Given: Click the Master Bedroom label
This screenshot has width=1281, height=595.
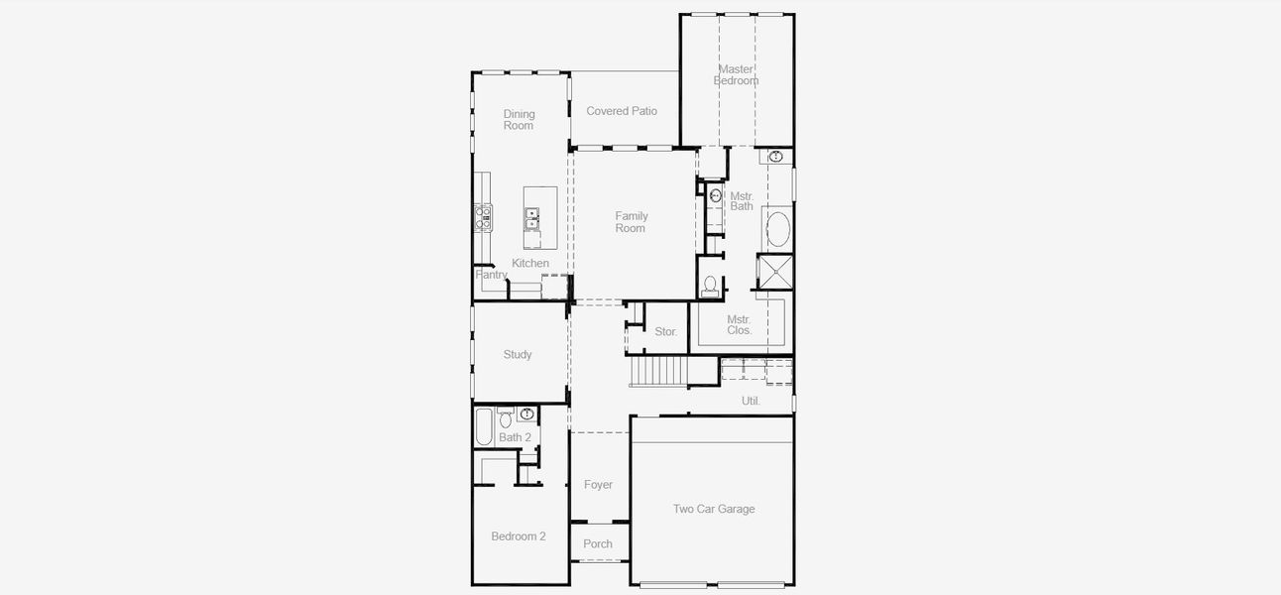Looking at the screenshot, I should (x=736, y=74).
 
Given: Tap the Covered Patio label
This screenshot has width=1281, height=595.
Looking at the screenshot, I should (x=622, y=111).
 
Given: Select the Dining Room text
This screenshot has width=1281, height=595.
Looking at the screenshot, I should (x=519, y=120).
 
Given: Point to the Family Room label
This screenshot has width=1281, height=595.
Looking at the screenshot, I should (x=631, y=222).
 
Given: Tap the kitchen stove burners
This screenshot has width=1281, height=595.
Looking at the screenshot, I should (x=483, y=217).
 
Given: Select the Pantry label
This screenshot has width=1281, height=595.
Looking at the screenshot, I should (x=491, y=275).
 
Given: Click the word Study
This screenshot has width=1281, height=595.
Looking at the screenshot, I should (x=518, y=354).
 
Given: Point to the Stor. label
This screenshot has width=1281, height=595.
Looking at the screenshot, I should (x=666, y=331).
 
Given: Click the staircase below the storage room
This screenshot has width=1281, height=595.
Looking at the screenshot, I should (x=659, y=372).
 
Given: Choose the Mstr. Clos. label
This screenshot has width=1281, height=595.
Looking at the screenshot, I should (x=739, y=325).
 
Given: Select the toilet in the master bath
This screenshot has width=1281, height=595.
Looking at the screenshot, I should (x=709, y=286).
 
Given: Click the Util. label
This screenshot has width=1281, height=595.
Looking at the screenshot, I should (x=752, y=401).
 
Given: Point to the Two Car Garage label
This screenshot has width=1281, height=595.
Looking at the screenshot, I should (x=714, y=509).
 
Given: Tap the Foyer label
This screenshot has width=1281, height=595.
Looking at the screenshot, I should (x=598, y=485).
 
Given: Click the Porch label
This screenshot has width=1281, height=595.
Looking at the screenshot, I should (x=598, y=543).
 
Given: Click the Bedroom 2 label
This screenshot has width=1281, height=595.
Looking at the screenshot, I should (x=519, y=536).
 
